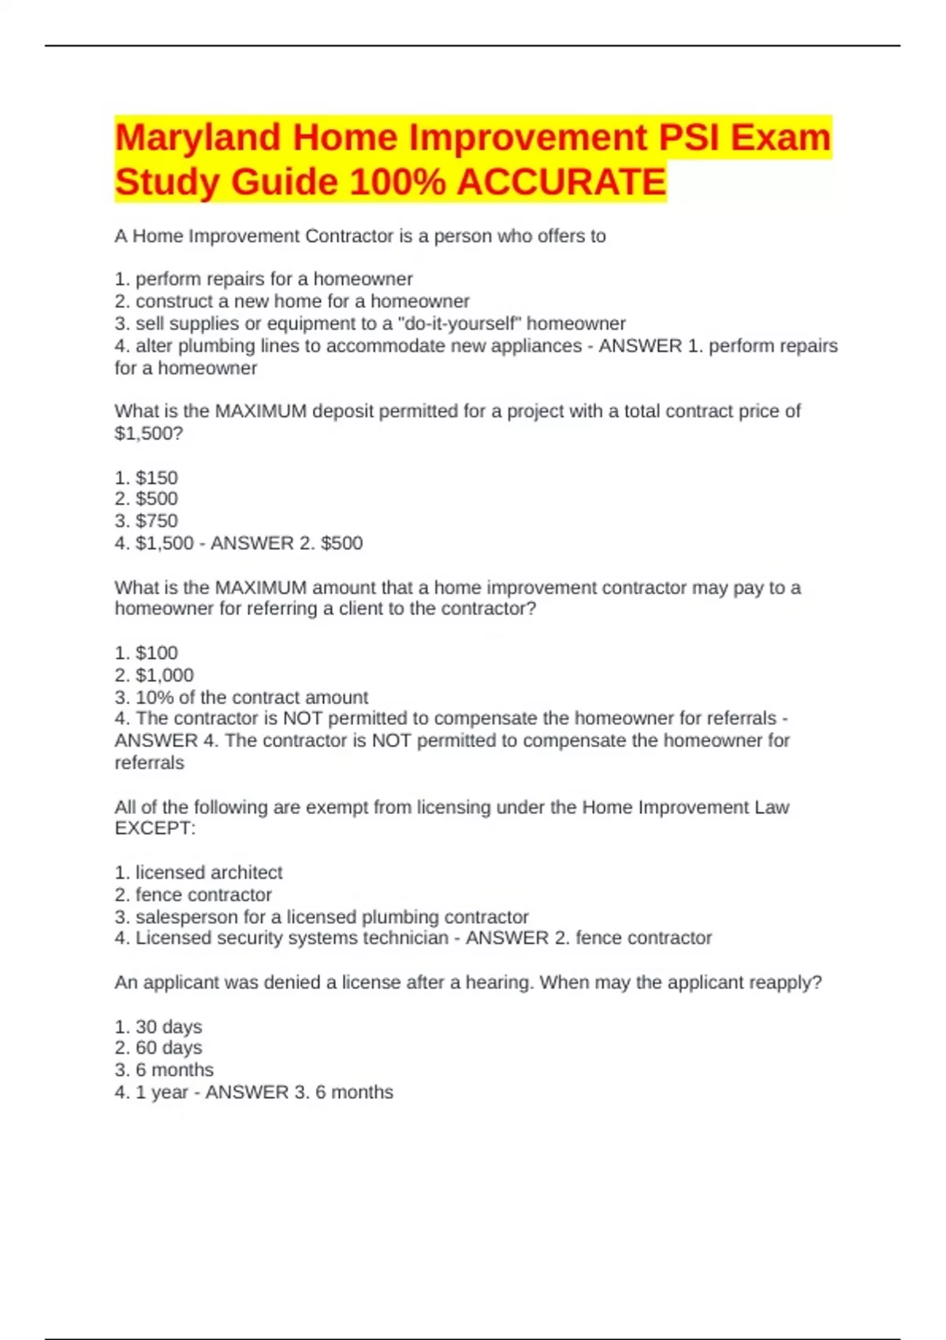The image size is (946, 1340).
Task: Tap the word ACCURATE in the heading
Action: pyautogui.click(x=561, y=182)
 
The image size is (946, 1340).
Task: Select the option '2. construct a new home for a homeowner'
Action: pyautogui.click(x=292, y=301)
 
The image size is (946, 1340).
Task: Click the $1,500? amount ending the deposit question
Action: pyautogui.click(x=148, y=433)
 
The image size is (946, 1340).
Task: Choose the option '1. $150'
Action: pyautogui.click(x=146, y=478)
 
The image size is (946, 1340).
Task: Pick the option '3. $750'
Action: pyautogui.click(x=146, y=520)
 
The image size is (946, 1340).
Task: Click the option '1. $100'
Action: pyautogui.click(x=146, y=653)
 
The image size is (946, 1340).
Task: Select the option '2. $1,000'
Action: pyautogui.click(x=154, y=675)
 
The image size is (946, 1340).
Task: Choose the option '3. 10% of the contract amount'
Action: pyautogui.click(x=241, y=697)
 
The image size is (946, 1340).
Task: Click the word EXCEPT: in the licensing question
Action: pyautogui.click(x=155, y=828)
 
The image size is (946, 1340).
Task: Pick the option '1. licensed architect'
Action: pyautogui.click(x=198, y=873)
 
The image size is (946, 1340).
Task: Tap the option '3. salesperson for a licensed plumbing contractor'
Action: pyautogui.click(x=321, y=917)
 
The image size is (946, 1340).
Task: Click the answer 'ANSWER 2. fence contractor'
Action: pyautogui.click(x=588, y=938)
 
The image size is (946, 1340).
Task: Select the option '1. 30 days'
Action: pyautogui.click(x=158, y=1027)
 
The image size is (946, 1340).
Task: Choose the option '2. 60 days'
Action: pyautogui.click(x=158, y=1048)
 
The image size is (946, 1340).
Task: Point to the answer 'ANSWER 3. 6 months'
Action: pyautogui.click(x=299, y=1092)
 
